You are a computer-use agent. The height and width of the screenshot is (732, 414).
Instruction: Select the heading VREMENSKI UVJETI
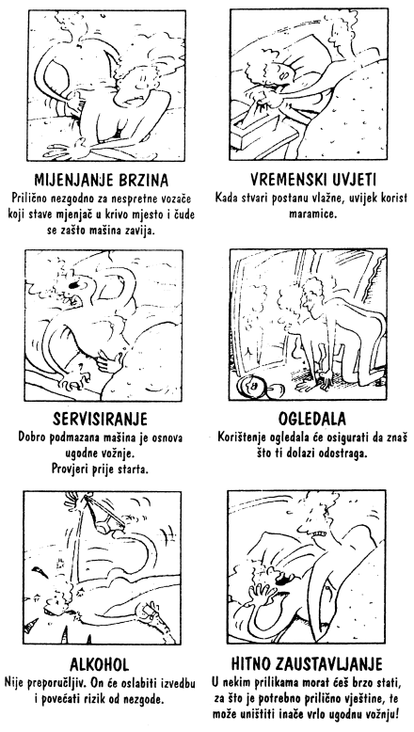(313, 180)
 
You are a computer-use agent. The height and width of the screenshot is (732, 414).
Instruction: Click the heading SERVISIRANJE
(100, 419)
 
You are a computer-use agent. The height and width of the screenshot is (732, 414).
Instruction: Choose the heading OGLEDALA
(312, 419)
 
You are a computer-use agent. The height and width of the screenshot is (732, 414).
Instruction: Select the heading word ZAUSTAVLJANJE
(329, 664)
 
